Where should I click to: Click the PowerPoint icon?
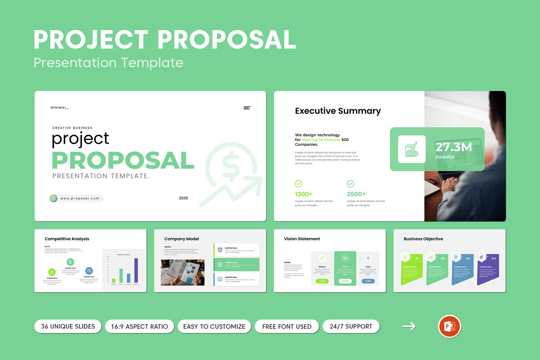449,327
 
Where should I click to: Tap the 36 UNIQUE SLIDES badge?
68,326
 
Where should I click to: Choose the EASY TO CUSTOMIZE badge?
214,326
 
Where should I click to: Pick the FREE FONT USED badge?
287,326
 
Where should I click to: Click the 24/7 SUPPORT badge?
351,326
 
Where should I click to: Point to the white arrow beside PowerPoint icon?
409,327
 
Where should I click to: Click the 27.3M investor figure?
453,147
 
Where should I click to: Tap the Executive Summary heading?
337,111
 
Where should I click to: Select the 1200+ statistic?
304,194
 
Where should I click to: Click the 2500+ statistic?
356,194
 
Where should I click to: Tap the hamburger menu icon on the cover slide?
247,108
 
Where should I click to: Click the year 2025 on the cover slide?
183,198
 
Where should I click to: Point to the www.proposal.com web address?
80,198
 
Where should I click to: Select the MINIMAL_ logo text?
60,108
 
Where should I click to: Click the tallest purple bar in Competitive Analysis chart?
136,270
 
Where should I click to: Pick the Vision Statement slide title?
302,239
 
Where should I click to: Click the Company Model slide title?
181,239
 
